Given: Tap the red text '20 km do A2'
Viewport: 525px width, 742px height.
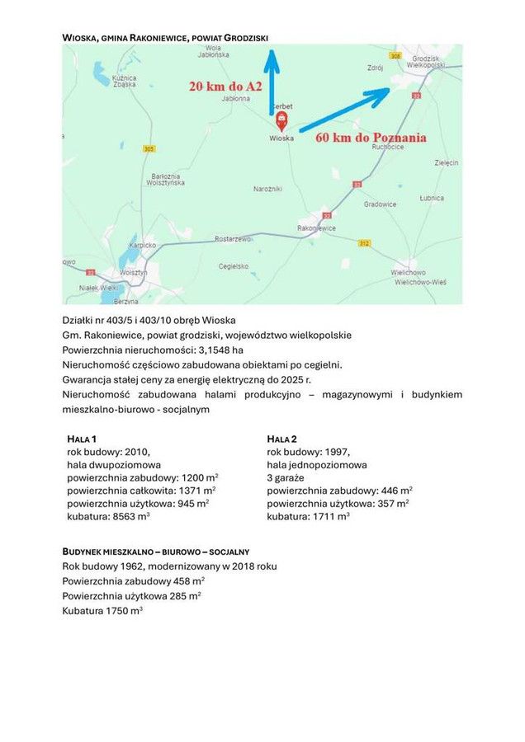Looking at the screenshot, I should [225, 87].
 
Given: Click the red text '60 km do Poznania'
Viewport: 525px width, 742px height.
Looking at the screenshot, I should [371, 138].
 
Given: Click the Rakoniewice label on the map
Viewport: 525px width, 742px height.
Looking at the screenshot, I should [316, 228].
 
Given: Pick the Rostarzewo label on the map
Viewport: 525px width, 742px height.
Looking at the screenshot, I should [233, 238].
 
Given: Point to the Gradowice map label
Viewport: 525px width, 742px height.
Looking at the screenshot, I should [381, 204].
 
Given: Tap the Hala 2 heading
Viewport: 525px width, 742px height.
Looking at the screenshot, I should [282, 439].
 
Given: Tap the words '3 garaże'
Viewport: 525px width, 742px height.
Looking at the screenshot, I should [286, 477].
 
